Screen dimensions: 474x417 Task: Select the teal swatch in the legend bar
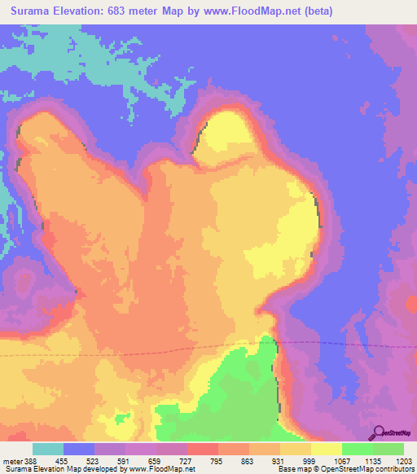click(47, 450)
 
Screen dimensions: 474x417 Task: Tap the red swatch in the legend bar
click(202, 450)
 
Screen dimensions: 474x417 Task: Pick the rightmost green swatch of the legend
click(388, 450)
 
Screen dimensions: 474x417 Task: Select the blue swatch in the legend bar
click(78, 450)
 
